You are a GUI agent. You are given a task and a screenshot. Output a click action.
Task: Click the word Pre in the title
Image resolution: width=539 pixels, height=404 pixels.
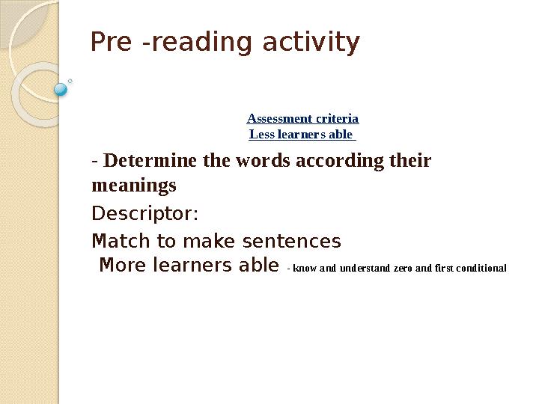tap(112, 42)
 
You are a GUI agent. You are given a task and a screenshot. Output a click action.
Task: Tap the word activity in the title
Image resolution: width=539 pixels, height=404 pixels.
tap(311, 43)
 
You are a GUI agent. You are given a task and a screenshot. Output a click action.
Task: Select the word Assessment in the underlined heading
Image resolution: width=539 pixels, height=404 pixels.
tap(279, 118)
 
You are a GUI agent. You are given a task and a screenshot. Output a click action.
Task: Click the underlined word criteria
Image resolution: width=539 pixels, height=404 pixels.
tap(337, 118)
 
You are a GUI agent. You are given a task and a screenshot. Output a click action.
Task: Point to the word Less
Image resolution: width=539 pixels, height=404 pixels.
tap(261, 135)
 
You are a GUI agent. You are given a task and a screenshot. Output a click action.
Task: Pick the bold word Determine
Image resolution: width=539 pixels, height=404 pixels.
tap(150, 160)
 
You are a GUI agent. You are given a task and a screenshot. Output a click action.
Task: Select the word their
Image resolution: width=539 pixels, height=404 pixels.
tap(410, 160)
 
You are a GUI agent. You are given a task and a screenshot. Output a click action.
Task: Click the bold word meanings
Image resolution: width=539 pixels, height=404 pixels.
tap(134, 186)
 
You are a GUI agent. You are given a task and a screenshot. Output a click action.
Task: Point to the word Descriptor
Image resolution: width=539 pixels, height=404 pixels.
tap(144, 214)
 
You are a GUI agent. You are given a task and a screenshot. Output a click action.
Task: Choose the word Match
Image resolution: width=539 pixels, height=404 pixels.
tap(121, 241)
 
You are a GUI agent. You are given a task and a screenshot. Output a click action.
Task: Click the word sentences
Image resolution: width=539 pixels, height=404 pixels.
tap(292, 241)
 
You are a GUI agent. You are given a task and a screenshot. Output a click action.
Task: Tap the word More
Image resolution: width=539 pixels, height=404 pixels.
tap(122, 265)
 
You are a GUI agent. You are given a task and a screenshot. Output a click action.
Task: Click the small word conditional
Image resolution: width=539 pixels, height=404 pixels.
tap(481, 268)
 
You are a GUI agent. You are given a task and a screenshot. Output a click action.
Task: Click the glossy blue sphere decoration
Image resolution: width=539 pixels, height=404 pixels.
tap(61, 89)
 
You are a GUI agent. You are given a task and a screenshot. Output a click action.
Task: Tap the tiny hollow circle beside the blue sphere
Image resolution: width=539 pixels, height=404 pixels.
tap(70, 81)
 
